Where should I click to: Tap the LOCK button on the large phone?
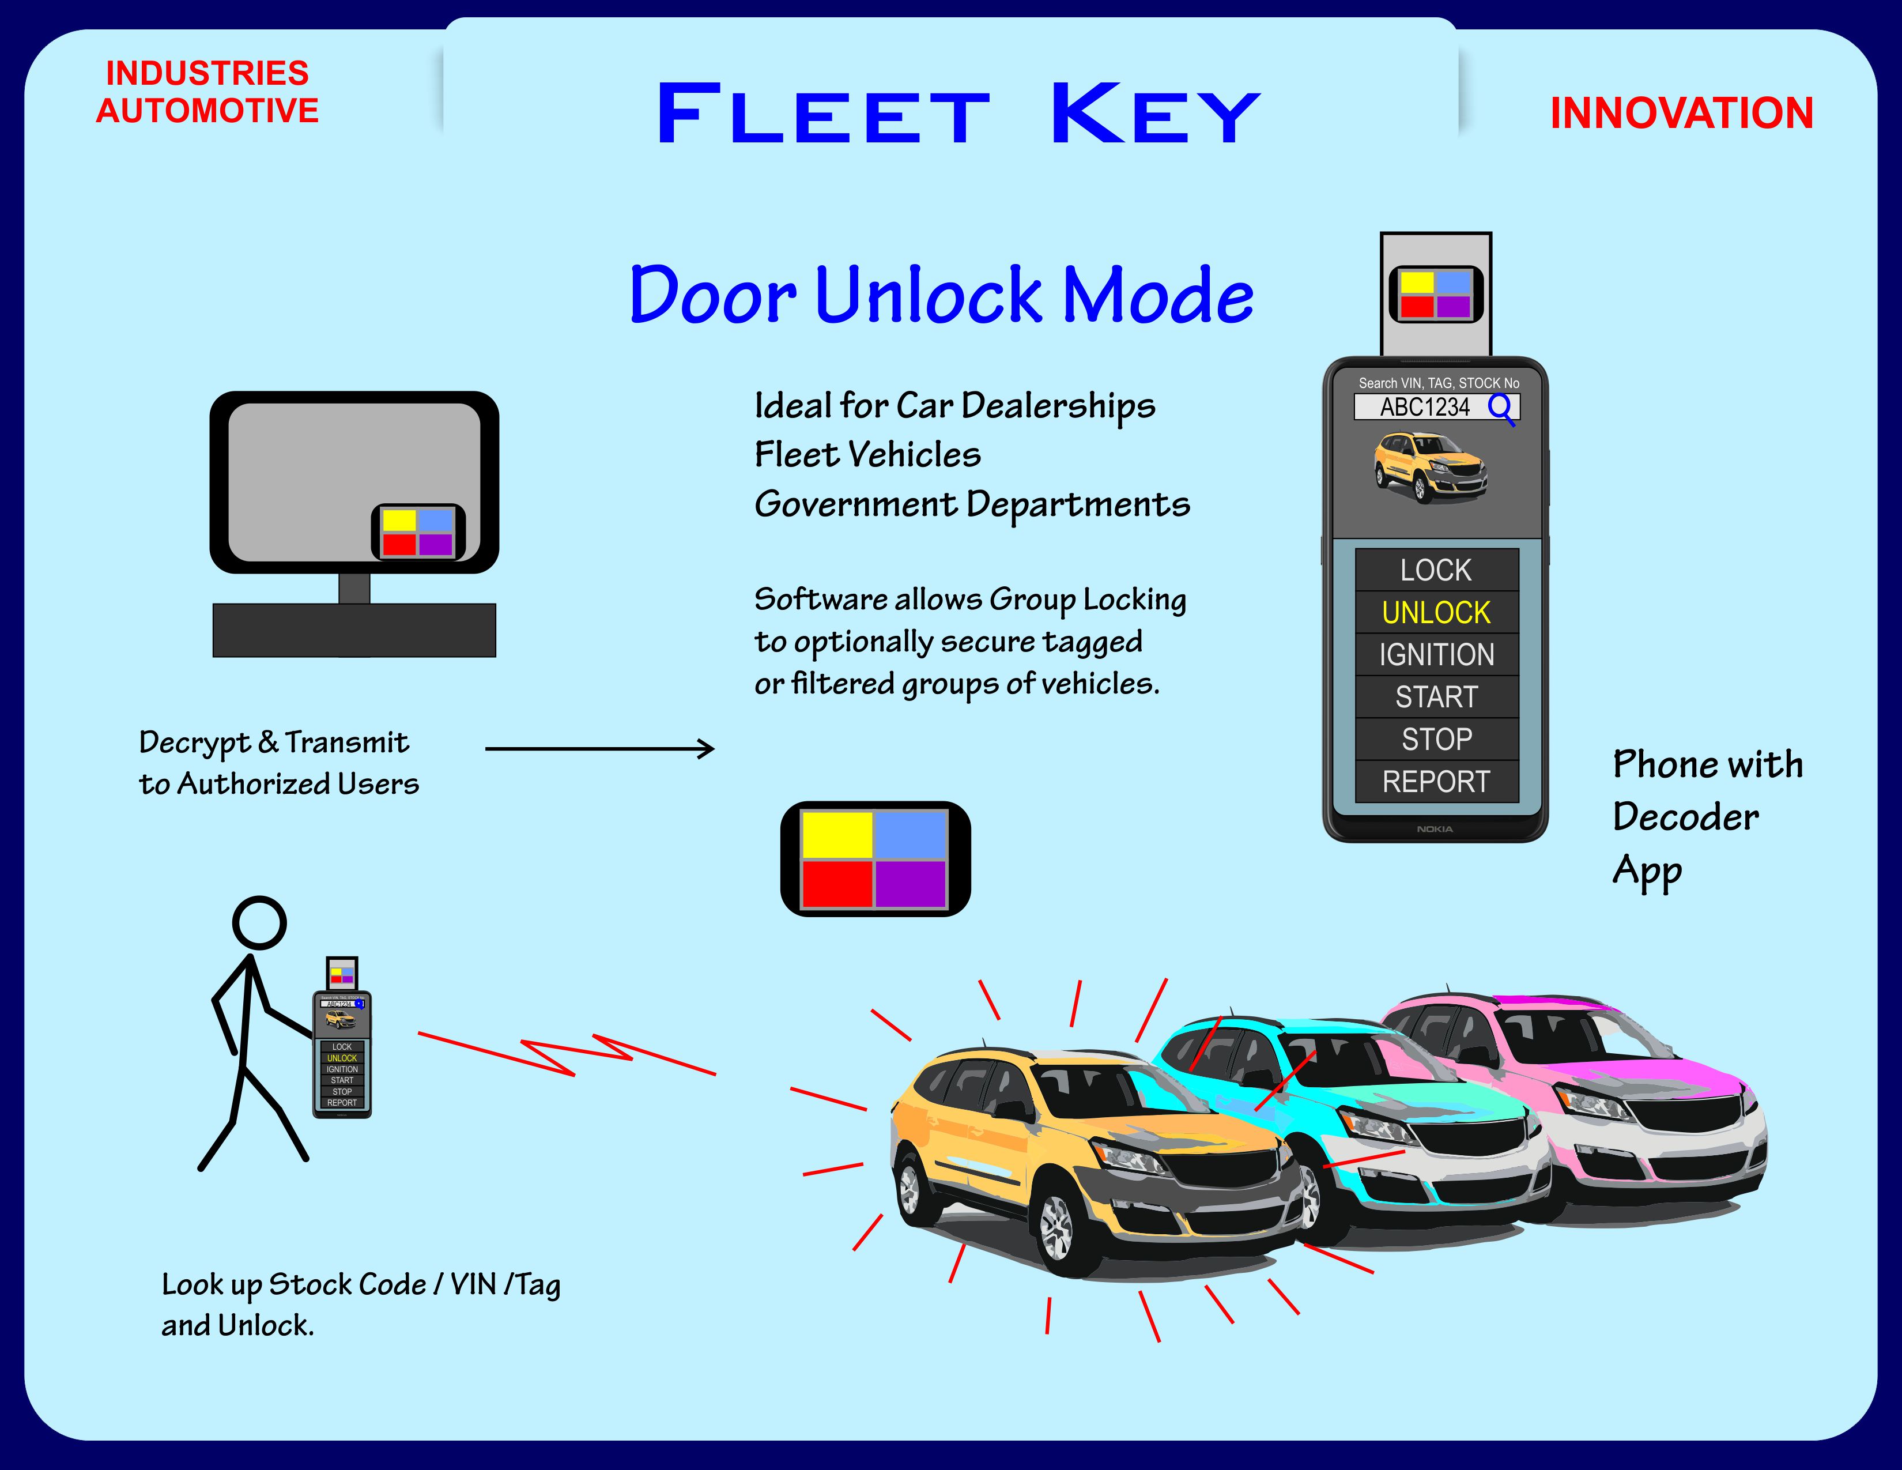click(x=1436, y=570)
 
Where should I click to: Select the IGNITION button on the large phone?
click(x=1436, y=655)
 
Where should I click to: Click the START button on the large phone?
click(x=1436, y=698)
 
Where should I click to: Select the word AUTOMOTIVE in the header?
click(x=207, y=111)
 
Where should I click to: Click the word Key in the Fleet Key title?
click(x=1155, y=114)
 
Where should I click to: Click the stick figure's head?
click(x=259, y=922)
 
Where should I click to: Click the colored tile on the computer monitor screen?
click(x=418, y=532)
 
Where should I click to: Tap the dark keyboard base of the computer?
click(x=354, y=630)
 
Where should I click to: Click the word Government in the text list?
click(x=855, y=505)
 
